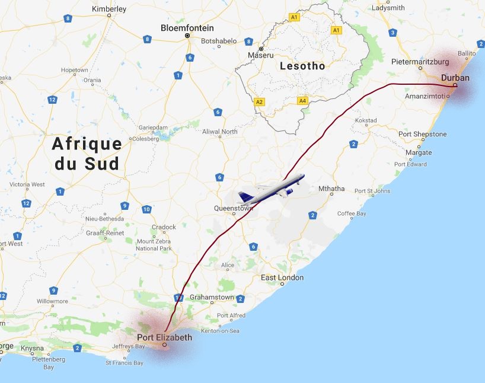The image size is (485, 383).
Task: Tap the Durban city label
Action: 455,78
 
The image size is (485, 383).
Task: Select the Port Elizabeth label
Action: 164,337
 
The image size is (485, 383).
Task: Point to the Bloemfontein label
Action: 187,28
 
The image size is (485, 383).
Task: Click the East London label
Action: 282,277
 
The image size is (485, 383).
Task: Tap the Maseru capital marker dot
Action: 261,49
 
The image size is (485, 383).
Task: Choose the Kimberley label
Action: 110,9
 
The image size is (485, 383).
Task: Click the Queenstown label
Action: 234,208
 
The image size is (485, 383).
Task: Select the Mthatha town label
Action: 331,189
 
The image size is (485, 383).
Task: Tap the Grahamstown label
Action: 212,297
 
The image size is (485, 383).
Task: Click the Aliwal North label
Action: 220,131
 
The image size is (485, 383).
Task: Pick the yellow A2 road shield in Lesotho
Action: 259,102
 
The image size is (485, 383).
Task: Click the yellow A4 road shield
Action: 303,101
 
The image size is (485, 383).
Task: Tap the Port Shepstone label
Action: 422,134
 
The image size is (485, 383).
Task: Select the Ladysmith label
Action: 388,8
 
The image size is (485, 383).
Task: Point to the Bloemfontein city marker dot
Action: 187,36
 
